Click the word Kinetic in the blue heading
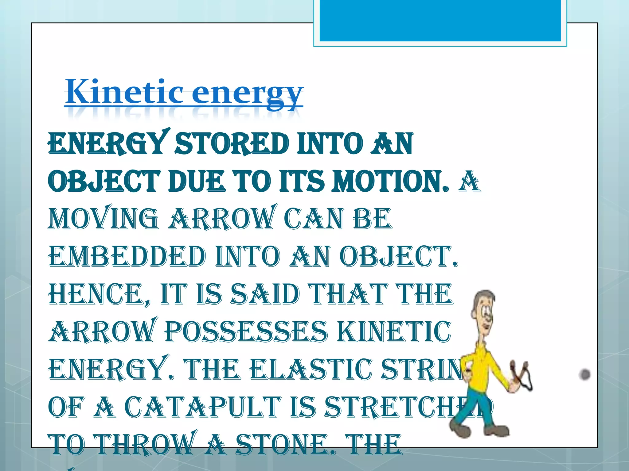coord(124,92)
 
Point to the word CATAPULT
coord(203,407)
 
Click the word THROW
coord(145,445)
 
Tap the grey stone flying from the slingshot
coord(584,374)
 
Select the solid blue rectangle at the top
coord(440,20)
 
